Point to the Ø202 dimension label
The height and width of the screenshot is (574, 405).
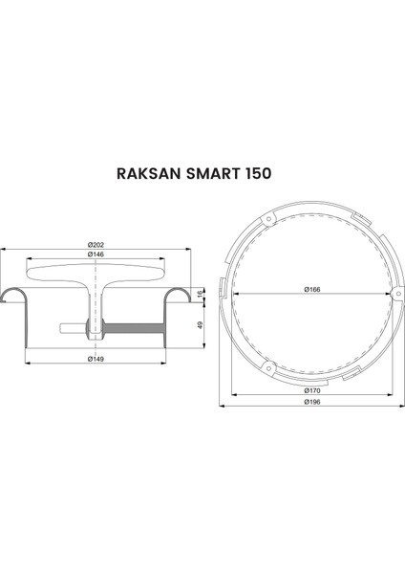click(x=96, y=244)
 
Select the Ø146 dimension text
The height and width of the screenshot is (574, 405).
click(x=96, y=254)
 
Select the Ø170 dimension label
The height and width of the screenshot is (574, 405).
click(x=311, y=390)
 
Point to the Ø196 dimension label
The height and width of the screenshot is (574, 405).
click(x=311, y=402)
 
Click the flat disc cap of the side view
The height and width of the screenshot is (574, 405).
click(x=96, y=273)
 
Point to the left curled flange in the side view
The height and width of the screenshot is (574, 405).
click(x=12, y=293)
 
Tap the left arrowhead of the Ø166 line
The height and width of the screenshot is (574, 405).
click(x=231, y=294)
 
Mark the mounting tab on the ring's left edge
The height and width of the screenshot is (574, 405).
click(x=223, y=287)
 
